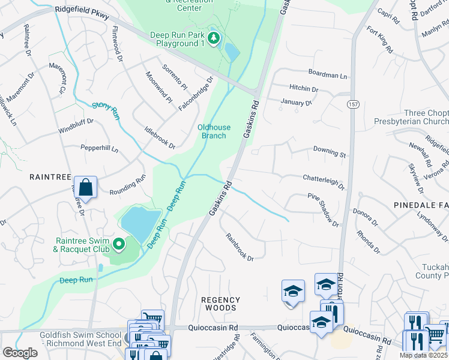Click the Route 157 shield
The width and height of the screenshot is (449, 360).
(x=352, y=104)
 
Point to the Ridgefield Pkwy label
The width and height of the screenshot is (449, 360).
(x=82, y=13)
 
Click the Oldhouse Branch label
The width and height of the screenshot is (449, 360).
(x=213, y=131)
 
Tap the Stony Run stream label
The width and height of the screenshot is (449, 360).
(x=106, y=112)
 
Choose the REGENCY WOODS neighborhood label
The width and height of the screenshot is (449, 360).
(x=220, y=304)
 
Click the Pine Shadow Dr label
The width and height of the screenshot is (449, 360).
(x=324, y=208)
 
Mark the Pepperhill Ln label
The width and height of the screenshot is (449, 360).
(x=100, y=148)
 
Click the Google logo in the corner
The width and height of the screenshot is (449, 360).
(x=20, y=353)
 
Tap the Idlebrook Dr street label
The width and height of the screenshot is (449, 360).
(x=160, y=137)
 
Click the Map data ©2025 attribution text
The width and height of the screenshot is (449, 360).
(x=423, y=355)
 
